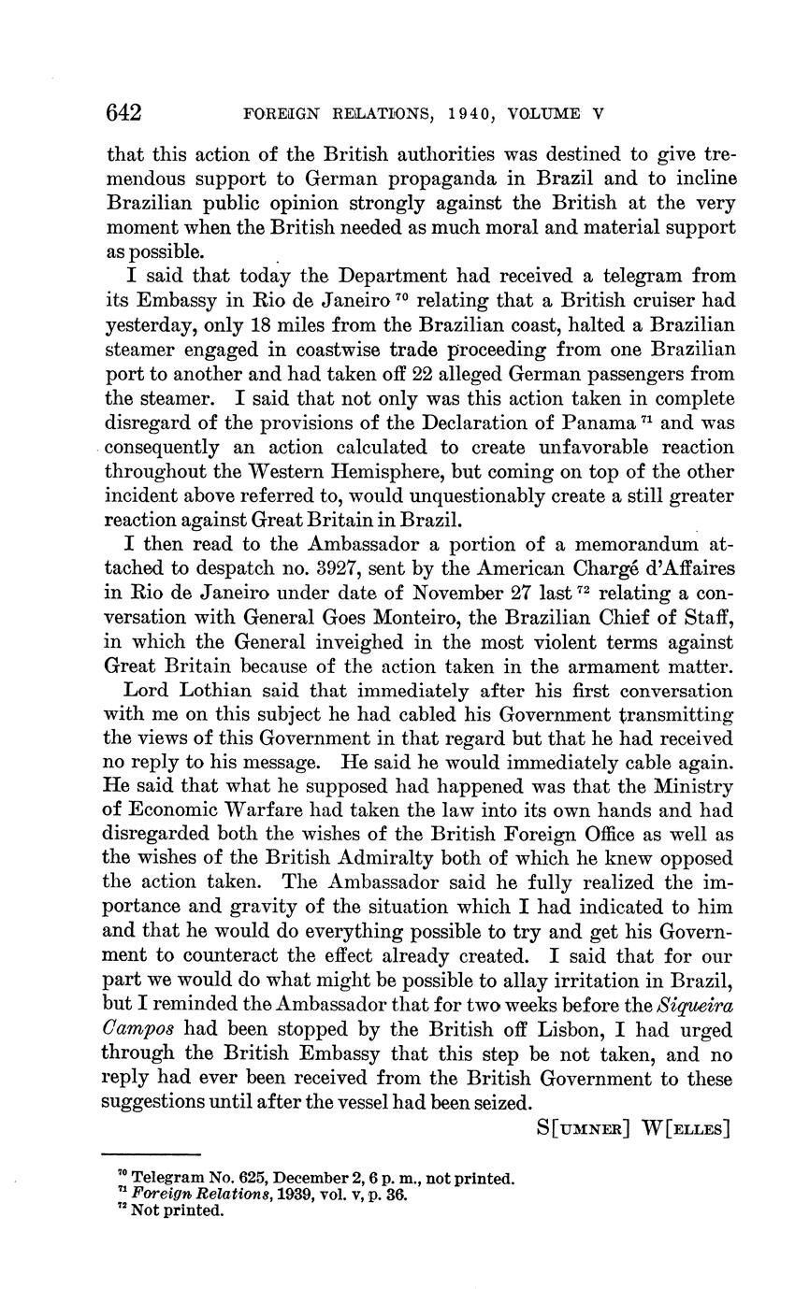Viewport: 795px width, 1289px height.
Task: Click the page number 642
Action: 123,114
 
